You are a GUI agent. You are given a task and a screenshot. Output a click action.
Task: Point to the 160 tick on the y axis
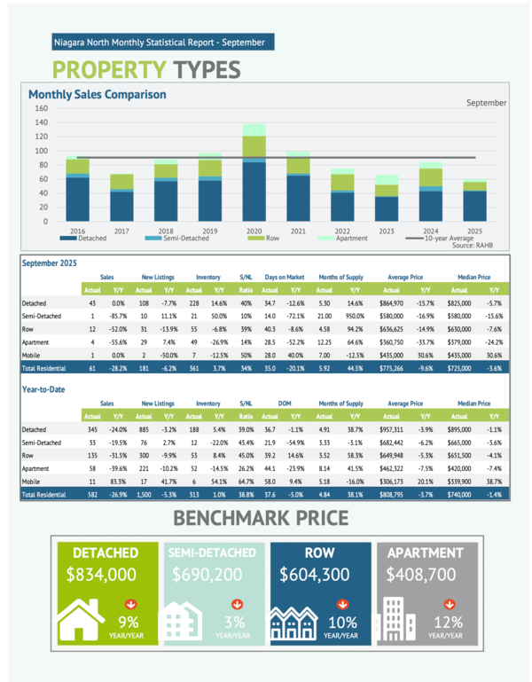(41, 109)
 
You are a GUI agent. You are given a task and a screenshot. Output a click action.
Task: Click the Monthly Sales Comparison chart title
(97, 94)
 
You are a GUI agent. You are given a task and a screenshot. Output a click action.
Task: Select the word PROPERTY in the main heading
(109, 69)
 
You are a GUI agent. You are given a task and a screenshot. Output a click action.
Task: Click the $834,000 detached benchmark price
(100, 575)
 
